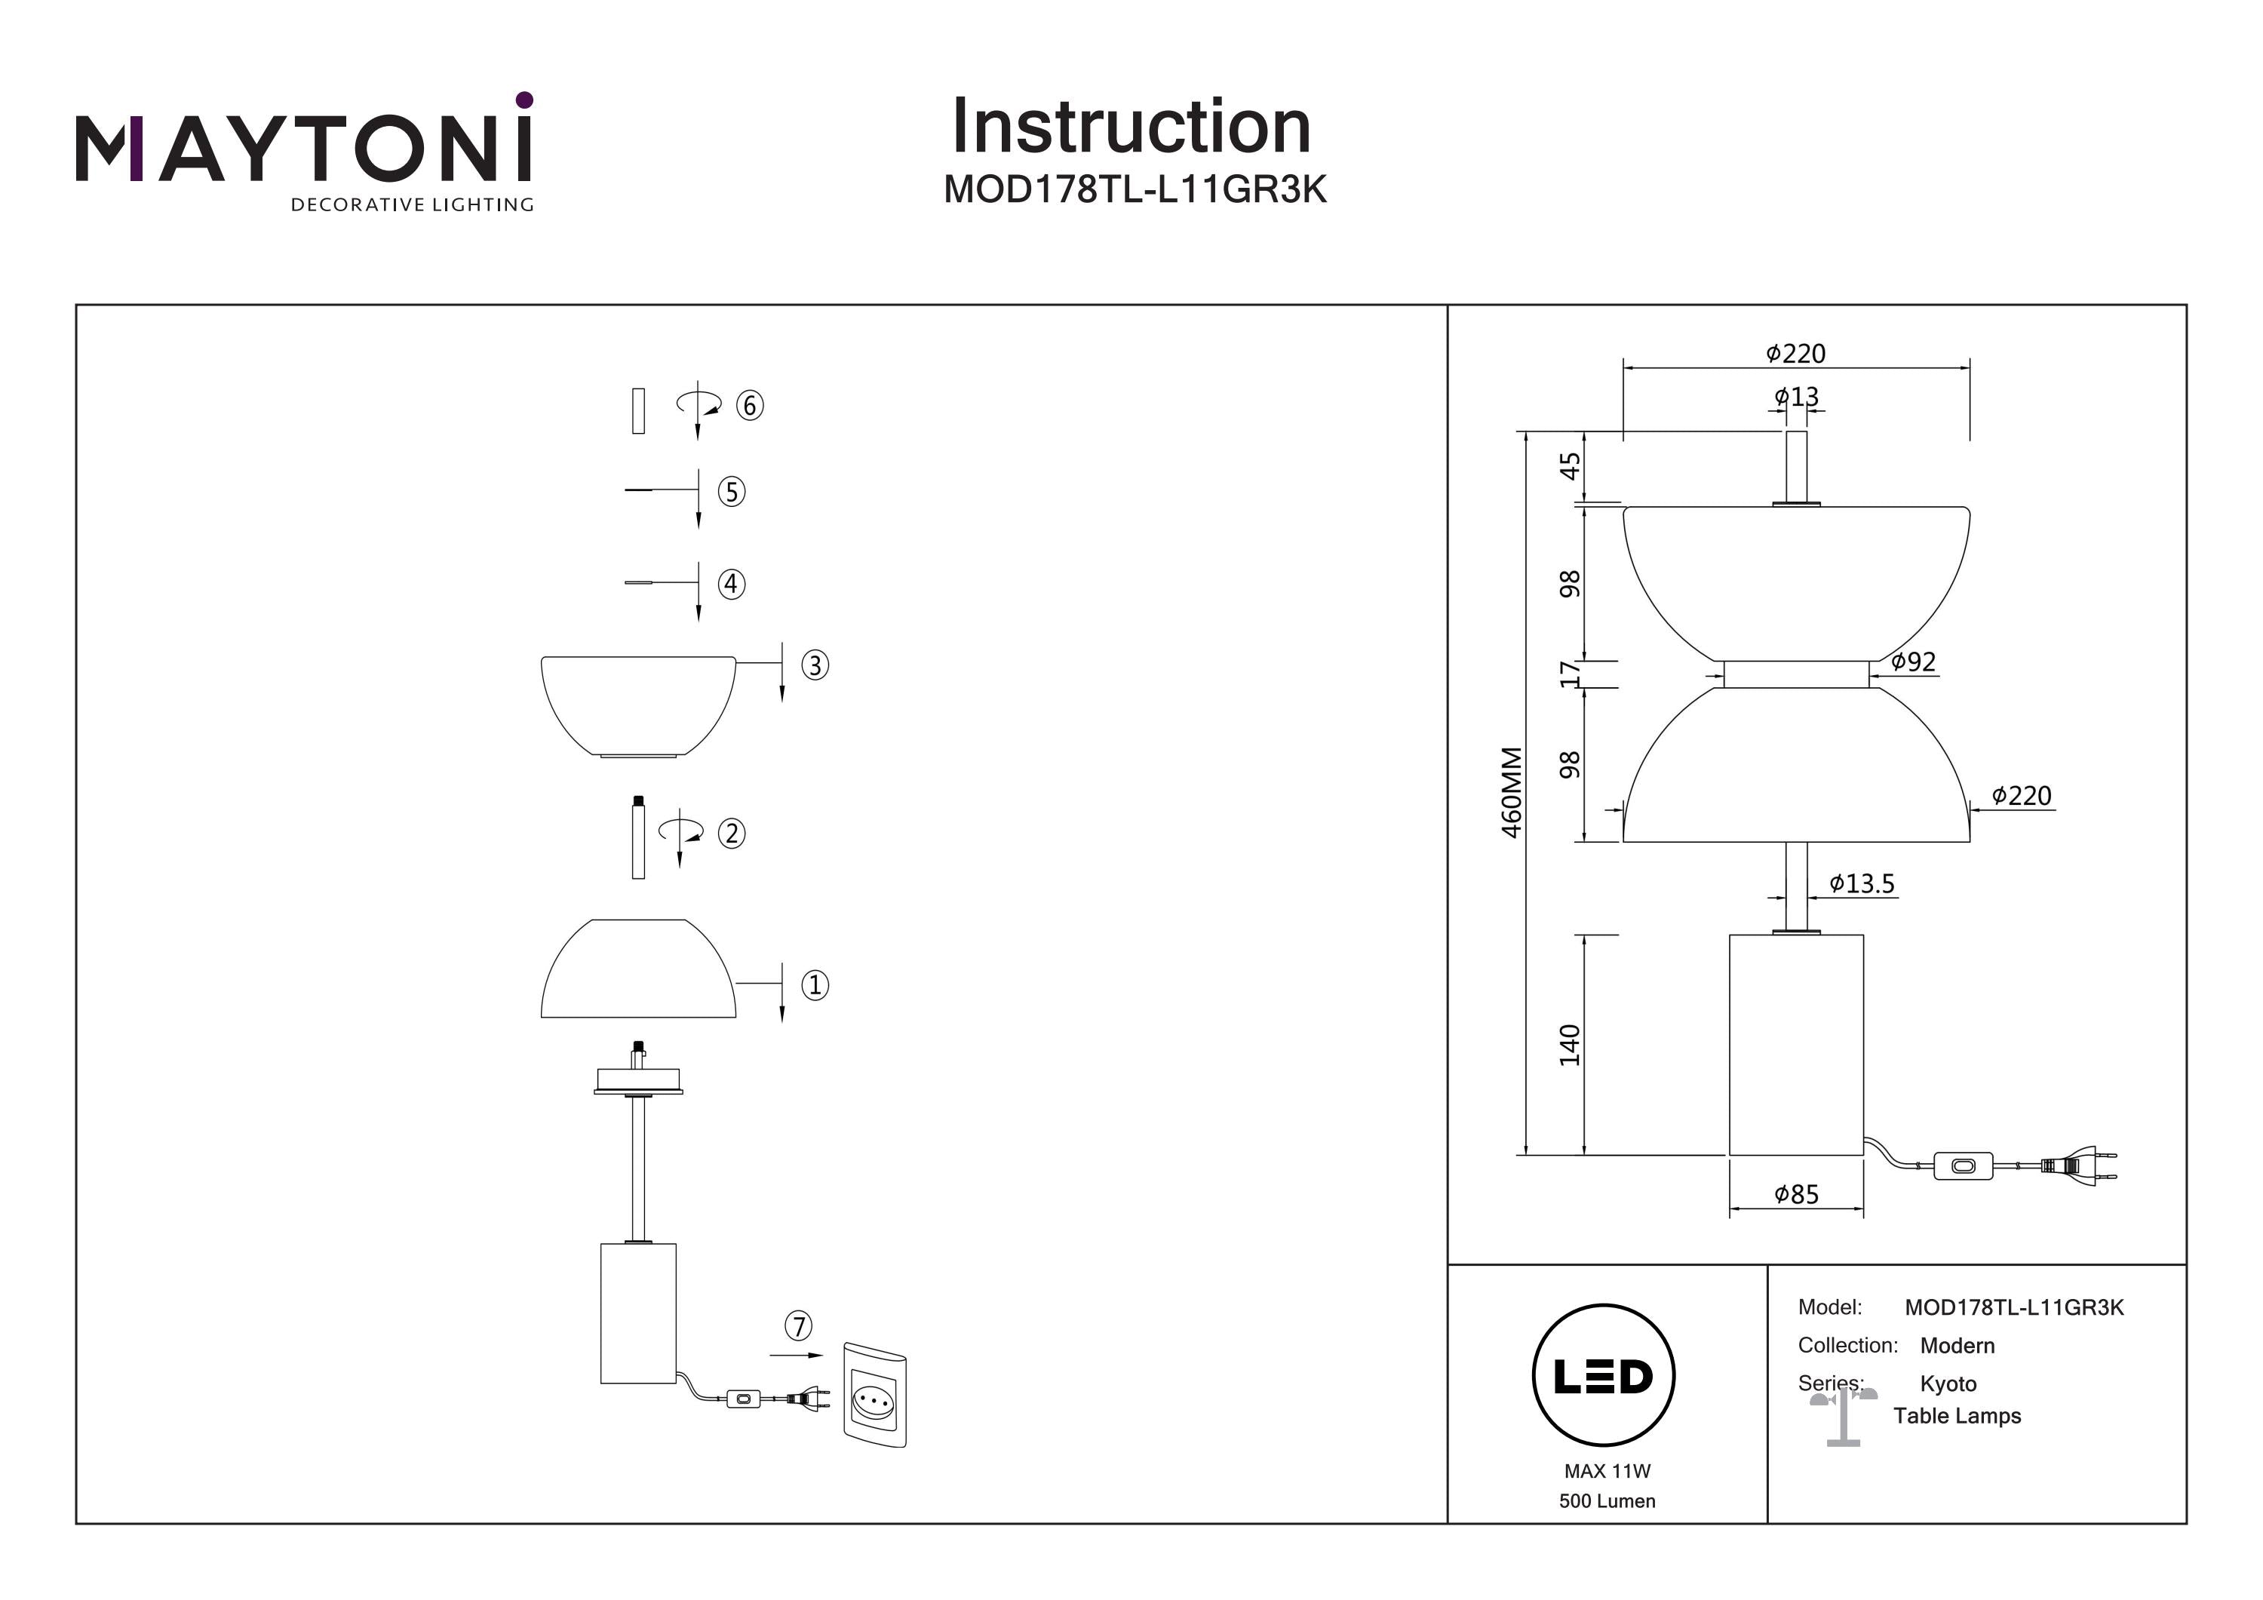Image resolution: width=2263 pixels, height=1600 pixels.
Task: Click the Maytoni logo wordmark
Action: pyautogui.click(x=303, y=148)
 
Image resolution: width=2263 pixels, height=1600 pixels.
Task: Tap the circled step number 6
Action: pyautogui.click(x=750, y=405)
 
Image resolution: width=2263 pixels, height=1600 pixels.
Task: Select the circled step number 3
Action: pyautogui.click(x=814, y=665)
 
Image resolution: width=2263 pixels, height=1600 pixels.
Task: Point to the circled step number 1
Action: pyautogui.click(x=814, y=985)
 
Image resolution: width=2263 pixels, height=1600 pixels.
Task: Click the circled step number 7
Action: pyautogui.click(x=798, y=1326)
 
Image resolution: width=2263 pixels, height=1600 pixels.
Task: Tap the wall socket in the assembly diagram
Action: pyautogui.click(x=874, y=1394)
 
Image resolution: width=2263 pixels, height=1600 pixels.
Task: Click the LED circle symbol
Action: pyautogui.click(x=1604, y=1375)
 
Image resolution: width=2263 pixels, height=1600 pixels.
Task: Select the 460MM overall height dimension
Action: pyautogui.click(x=1511, y=791)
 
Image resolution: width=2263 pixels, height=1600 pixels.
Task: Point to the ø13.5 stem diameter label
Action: pyautogui.click(x=1862, y=883)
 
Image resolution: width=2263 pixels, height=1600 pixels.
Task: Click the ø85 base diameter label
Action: pyautogui.click(x=1796, y=1195)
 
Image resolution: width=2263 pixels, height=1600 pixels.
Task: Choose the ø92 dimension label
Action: pyautogui.click(x=1913, y=662)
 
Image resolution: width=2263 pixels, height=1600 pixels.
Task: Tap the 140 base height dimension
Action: pyautogui.click(x=1569, y=1044)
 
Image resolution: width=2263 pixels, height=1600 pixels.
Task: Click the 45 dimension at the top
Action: pyautogui.click(x=1569, y=465)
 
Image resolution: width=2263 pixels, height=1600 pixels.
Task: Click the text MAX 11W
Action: pyautogui.click(x=1607, y=1471)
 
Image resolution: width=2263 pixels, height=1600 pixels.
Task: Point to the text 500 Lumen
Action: pyautogui.click(x=1607, y=1501)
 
